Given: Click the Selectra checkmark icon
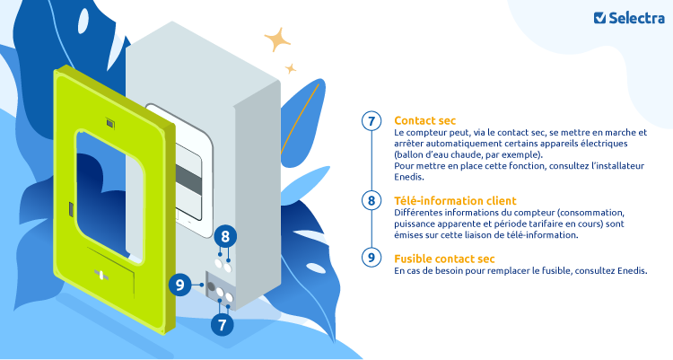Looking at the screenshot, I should (600, 17).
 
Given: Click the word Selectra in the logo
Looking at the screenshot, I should (634, 17).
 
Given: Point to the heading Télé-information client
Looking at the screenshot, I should (455, 200).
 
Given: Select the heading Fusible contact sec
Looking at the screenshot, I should (444, 258).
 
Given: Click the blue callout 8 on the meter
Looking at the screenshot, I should (226, 237).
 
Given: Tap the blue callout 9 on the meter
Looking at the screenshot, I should (181, 285).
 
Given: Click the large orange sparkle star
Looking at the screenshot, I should (276, 40).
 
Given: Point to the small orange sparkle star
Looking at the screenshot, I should (291, 67).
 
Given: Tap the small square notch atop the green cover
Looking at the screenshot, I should (109, 121).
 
